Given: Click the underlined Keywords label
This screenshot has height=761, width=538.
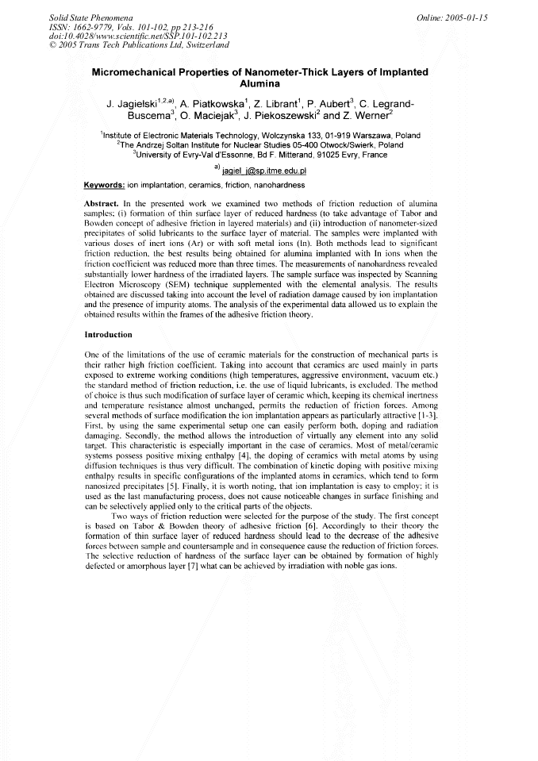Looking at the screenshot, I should point(103,186).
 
